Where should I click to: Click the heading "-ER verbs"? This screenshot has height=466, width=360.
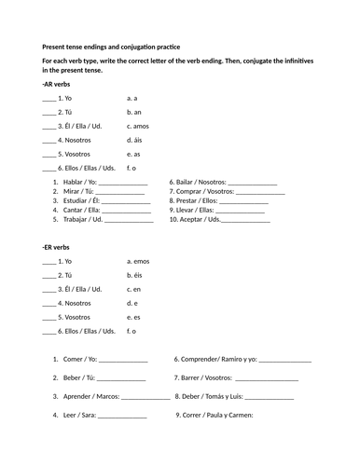(56, 247)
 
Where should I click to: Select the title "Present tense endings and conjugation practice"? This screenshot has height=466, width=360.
(111, 47)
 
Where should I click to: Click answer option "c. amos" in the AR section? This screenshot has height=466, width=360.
(137, 126)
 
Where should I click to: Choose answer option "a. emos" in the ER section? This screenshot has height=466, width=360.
(138, 261)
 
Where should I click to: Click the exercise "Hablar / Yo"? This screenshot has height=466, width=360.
(78, 182)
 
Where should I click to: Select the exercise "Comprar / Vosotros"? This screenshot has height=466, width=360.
(201, 191)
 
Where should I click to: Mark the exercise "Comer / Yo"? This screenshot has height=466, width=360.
(78, 359)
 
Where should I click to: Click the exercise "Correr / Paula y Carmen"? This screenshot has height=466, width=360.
(215, 415)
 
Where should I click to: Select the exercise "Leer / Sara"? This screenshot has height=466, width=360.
(78, 415)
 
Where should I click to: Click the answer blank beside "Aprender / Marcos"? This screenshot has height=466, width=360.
(145, 398)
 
